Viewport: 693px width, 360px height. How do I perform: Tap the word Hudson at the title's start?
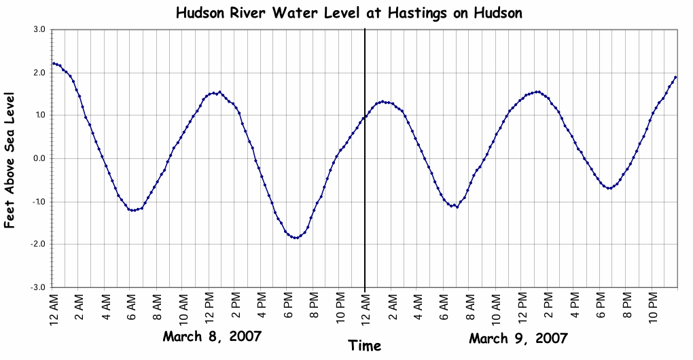(x=198, y=13)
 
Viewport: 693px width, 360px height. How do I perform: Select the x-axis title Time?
(x=365, y=345)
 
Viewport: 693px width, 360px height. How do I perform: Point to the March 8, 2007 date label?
(x=212, y=337)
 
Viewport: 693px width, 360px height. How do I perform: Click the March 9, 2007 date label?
(x=518, y=338)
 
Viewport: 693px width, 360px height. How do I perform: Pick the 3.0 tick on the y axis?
(x=38, y=30)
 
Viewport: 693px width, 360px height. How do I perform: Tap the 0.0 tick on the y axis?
(x=38, y=158)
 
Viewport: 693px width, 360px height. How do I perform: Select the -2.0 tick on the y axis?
(x=37, y=245)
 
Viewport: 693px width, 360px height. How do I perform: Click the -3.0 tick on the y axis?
(x=37, y=287)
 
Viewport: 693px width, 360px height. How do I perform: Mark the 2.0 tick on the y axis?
(x=38, y=73)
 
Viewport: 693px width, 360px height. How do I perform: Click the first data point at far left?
(x=54, y=63)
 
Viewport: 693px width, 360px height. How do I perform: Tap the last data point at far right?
(x=675, y=77)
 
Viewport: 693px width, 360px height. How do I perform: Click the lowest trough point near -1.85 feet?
(x=296, y=238)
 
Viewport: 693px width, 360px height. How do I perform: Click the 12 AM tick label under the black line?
(x=366, y=309)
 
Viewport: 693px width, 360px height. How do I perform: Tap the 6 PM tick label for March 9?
(x=601, y=309)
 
